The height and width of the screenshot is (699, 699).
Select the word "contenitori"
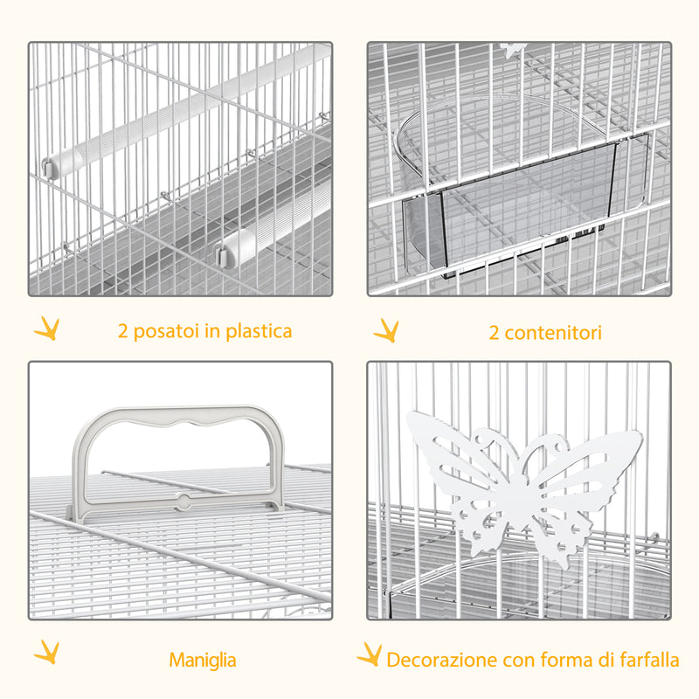click(x=551, y=333)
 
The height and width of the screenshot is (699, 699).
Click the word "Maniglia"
click(x=203, y=661)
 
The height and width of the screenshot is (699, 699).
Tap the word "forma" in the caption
click(x=557, y=661)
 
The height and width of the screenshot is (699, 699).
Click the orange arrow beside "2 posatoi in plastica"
click(x=46, y=329)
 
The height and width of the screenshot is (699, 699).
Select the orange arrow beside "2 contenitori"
click(x=385, y=330)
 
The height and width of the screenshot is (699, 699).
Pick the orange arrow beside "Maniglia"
click(x=46, y=653)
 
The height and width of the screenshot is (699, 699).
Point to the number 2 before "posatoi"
click(x=123, y=332)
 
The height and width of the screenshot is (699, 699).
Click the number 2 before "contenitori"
click(x=494, y=333)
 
